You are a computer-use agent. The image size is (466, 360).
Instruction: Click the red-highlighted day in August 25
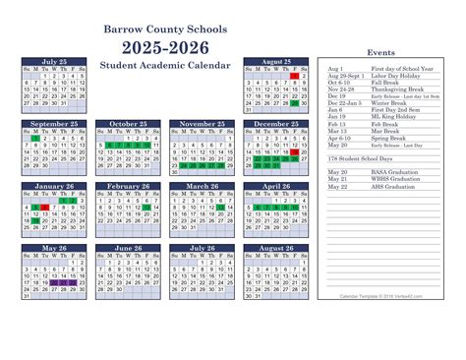294,76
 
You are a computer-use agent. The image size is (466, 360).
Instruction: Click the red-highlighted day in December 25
294,153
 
